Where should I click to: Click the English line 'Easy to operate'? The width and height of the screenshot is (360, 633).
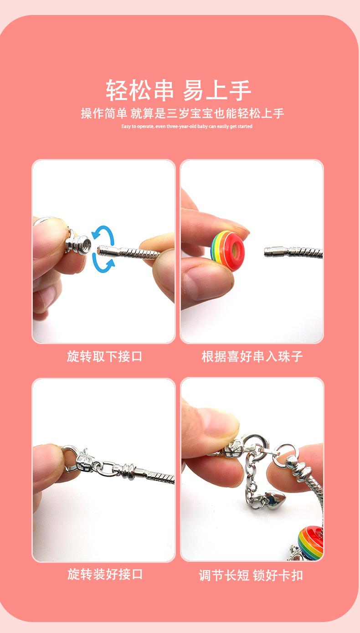point(186,126)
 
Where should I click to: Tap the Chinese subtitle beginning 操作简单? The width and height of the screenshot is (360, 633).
point(182,113)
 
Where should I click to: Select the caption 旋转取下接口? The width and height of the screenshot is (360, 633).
point(104,356)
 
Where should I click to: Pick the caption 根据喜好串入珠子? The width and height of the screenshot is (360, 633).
point(252,356)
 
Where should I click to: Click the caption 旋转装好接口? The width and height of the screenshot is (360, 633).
point(105,574)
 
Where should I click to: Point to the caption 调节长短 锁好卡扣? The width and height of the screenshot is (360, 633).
point(251,575)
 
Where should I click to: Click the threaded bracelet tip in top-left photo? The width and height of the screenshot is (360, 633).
point(109,249)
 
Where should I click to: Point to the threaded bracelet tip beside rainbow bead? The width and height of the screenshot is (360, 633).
point(276,250)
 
